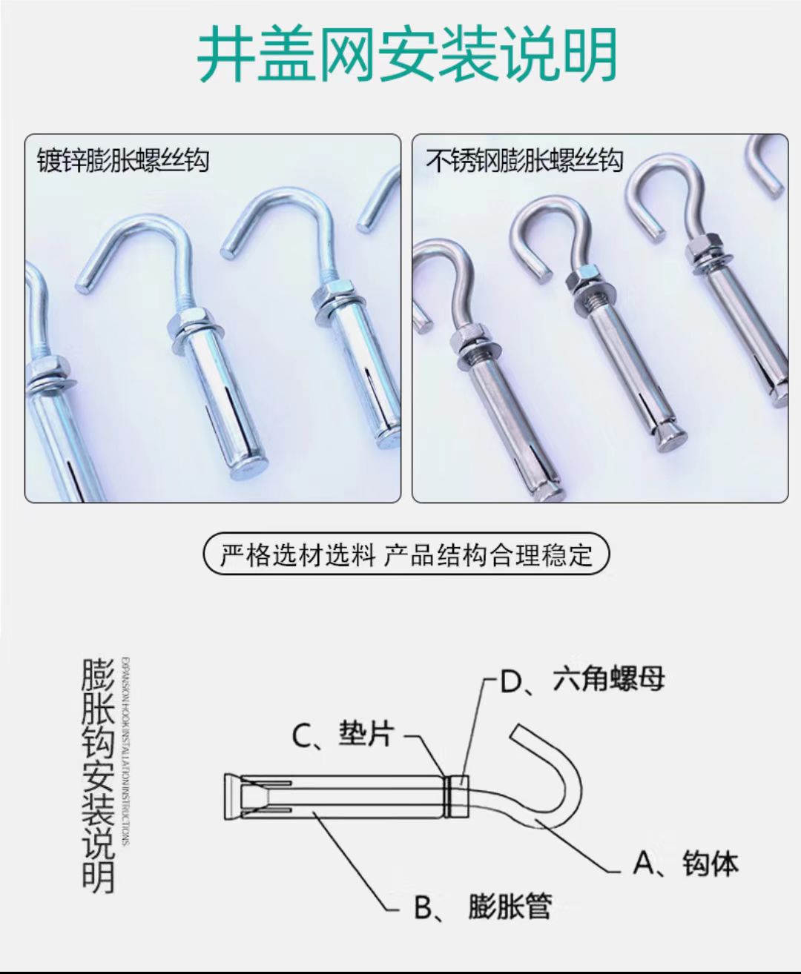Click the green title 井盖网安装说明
(x=407, y=56)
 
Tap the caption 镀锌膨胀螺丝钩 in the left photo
(x=123, y=161)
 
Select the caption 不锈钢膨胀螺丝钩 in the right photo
(x=524, y=161)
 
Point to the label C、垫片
(x=343, y=735)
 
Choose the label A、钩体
(x=685, y=864)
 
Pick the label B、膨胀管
(x=483, y=907)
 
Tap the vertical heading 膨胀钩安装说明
(x=98, y=775)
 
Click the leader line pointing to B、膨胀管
(x=356, y=860)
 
